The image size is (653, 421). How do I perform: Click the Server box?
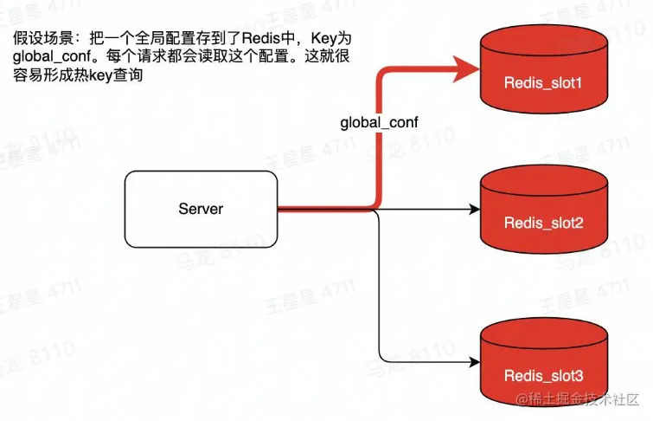coord(201,209)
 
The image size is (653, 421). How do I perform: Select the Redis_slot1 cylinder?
coord(543,69)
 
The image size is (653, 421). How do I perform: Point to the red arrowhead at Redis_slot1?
coord(471,68)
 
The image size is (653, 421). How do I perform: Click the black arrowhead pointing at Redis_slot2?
coord(474,209)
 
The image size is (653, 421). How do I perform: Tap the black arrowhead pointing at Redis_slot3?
coord(474,362)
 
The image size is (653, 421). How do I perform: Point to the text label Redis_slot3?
coord(543,376)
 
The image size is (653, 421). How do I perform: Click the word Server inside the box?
coord(201,209)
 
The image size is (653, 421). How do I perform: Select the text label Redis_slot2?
coord(543,223)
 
